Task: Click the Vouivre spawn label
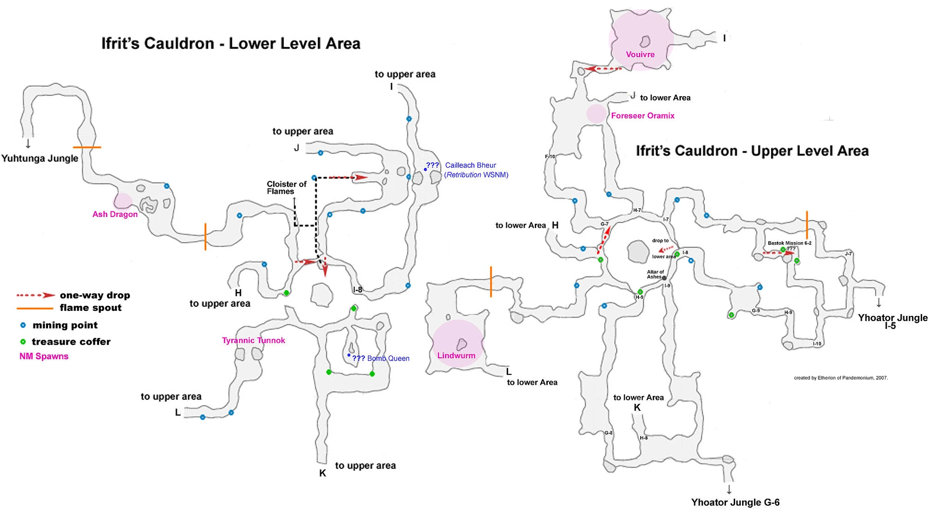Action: [640, 54]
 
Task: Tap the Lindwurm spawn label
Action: [456, 355]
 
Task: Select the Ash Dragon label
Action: [115, 214]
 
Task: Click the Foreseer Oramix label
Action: [643, 116]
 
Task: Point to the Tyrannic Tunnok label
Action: [253, 340]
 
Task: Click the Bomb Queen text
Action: [388, 358]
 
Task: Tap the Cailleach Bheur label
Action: [470, 165]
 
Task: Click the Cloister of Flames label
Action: [286, 188]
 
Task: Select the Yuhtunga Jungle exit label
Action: [40, 158]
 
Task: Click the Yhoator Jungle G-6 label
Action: [735, 502]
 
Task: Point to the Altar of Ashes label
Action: [655, 275]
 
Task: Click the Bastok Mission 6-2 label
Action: [789, 243]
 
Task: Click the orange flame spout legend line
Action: [34, 308]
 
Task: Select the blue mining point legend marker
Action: [23, 325]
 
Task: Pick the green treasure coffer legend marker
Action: [23, 342]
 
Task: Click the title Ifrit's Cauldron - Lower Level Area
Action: [231, 44]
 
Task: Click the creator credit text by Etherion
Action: [841, 378]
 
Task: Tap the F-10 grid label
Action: [550, 157]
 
